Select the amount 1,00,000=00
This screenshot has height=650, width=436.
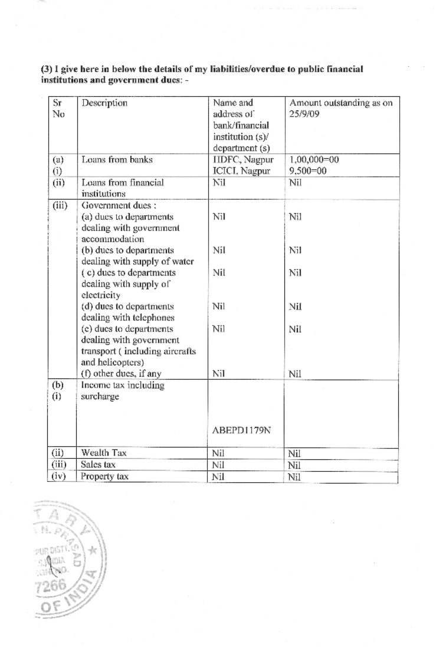pos(314,159)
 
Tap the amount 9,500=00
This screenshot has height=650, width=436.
pos(309,171)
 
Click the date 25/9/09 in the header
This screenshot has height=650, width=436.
pos(304,114)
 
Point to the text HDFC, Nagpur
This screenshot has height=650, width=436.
pos(242,159)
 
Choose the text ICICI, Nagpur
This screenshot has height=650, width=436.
pos(242,171)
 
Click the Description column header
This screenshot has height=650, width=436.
pos(104,103)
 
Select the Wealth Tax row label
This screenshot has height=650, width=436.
pos(104,453)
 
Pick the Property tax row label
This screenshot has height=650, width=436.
pos(104,476)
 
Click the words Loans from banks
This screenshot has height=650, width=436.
pos(112,159)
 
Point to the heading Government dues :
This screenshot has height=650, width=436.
pos(113,205)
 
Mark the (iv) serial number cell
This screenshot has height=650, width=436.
pos(60,476)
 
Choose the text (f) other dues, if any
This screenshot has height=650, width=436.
pos(121,373)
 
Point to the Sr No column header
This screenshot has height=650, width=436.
pos(58,109)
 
